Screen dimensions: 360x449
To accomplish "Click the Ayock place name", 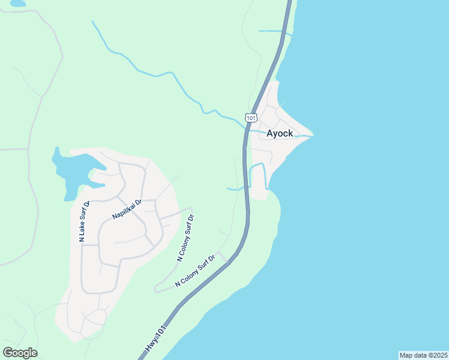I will (280, 133).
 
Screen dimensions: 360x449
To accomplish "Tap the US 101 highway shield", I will (251, 116).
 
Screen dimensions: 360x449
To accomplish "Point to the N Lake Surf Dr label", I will (83, 221).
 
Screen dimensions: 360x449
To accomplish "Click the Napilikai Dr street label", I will (126, 208).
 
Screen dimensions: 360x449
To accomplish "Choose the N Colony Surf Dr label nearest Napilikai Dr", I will (187, 238).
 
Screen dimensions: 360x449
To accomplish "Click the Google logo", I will (20, 353).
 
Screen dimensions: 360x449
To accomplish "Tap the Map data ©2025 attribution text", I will (423, 355).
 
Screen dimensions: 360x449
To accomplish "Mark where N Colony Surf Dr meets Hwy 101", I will (226, 262).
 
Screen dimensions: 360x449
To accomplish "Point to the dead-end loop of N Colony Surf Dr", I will (157, 289).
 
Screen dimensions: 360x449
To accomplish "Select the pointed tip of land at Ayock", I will (311, 136).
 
